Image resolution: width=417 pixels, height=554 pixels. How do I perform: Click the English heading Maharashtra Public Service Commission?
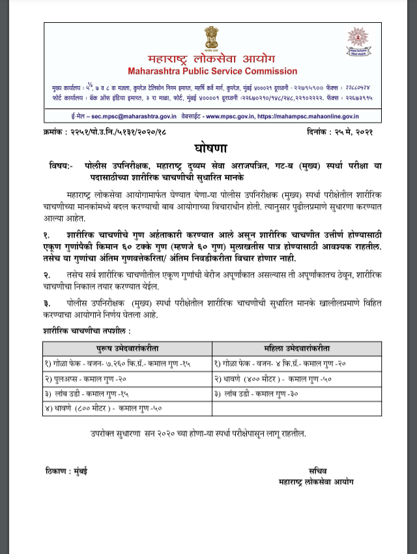point(212,71)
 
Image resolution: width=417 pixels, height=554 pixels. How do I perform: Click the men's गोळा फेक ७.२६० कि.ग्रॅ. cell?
point(117,363)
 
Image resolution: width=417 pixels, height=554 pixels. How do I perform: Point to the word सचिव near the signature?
point(319,470)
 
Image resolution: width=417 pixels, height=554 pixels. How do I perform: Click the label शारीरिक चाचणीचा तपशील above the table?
point(83,332)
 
